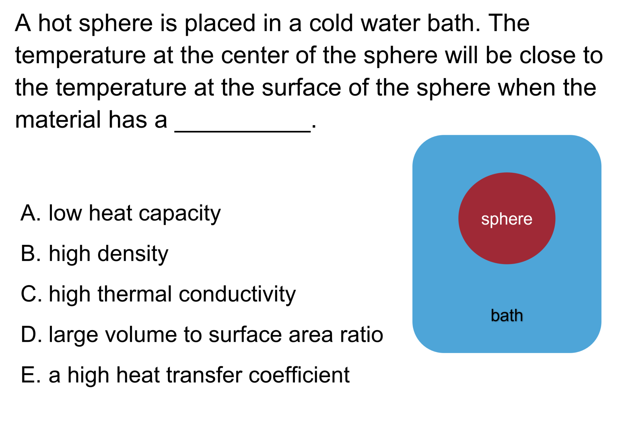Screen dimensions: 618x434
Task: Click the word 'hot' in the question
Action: (55, 23)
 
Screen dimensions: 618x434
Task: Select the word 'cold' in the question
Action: (331, 23)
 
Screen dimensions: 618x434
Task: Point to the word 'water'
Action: (390, 23)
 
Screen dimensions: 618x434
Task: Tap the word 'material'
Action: (58, 120)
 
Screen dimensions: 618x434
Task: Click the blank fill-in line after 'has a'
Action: (243, 132)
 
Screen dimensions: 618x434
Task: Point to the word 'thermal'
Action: (135, 294)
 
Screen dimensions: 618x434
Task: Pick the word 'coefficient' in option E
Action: (299, 375)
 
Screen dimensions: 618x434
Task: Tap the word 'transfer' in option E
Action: (204, 375)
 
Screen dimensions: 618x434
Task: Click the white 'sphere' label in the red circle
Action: (507, 220)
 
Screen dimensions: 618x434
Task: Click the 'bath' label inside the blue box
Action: (507, 315)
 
